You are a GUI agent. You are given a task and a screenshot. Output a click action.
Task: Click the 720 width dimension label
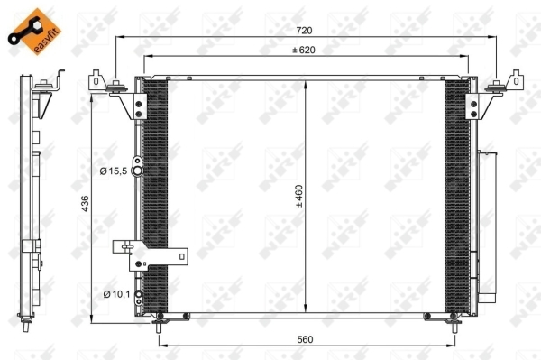click(304, 31)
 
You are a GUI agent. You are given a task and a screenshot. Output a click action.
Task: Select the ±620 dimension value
click(304, 50)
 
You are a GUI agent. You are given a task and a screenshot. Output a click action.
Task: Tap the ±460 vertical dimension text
click(298, 196)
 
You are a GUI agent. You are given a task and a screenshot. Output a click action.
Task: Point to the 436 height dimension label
click(85, 203)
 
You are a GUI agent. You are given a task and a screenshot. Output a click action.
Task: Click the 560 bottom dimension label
click(305, 339)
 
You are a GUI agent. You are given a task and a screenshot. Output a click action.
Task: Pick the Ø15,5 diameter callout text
click(114, 171)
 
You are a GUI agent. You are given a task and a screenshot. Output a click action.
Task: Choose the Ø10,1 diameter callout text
click(116, 294)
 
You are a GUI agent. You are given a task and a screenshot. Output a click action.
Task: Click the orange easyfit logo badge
click(34, 32)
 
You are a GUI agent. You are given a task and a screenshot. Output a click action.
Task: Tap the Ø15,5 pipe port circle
click(138, 171)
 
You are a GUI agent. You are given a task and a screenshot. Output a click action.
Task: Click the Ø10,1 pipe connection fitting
click(138, 297)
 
